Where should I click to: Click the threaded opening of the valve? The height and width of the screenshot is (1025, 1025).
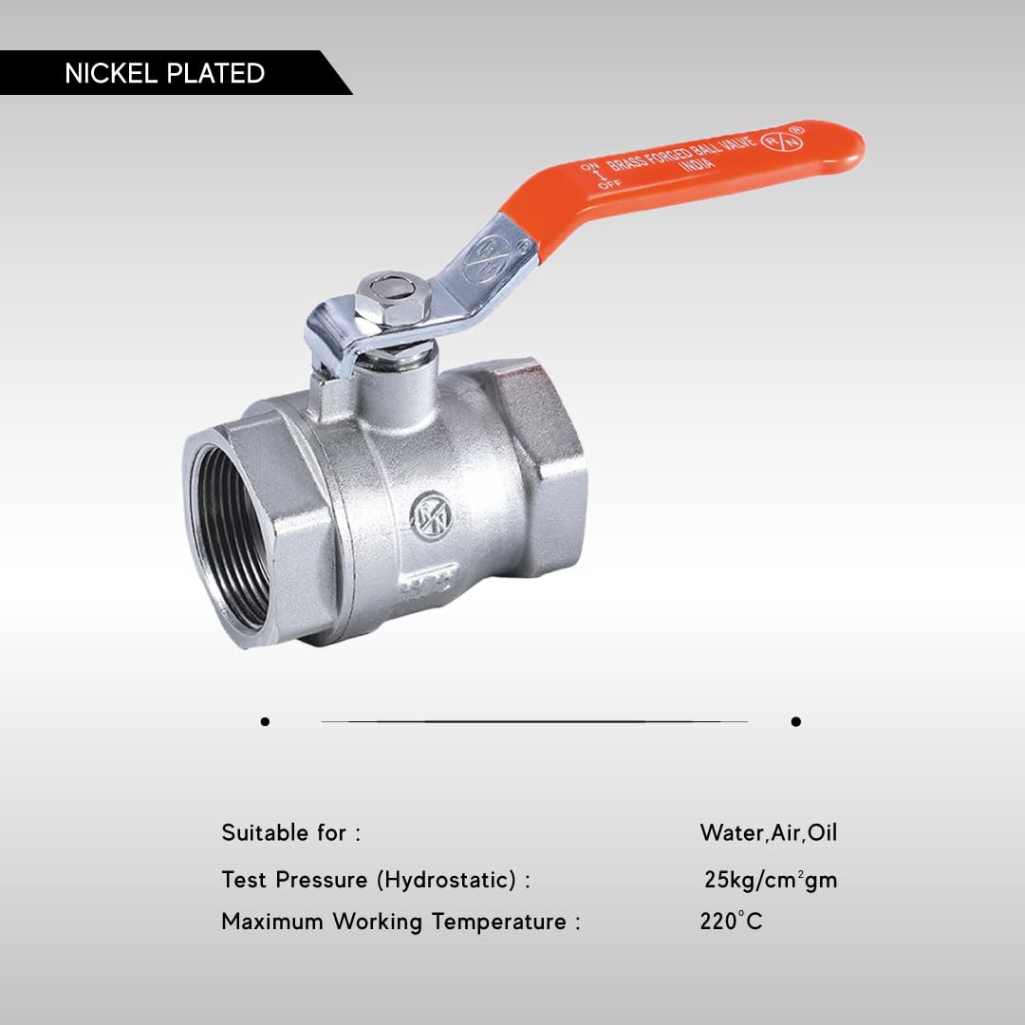[x=230, y=537]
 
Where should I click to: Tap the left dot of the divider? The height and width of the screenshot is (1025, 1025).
[x=265, y=721]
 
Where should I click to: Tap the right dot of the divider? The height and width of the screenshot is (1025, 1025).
[x=795, y=721]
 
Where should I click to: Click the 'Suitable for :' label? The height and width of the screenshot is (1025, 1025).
[x=290, y=833]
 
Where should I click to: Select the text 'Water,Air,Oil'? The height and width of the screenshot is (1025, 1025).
[x=769, y=833]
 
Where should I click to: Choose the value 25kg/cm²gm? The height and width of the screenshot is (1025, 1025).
[x=771, y=880]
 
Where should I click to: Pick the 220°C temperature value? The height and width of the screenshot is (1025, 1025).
[x=731, y=922]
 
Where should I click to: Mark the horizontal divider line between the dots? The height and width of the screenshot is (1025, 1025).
[x=531, y=721]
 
